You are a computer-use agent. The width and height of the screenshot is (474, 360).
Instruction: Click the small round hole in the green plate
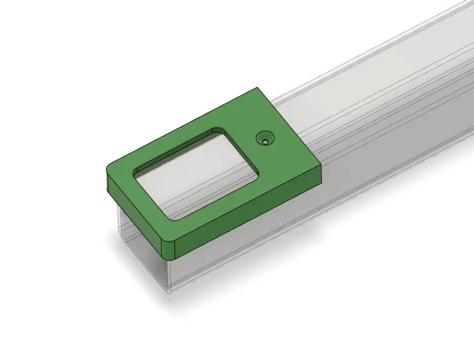tap(265, 139)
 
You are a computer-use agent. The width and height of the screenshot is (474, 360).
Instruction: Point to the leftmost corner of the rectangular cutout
tap(135, 171)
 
